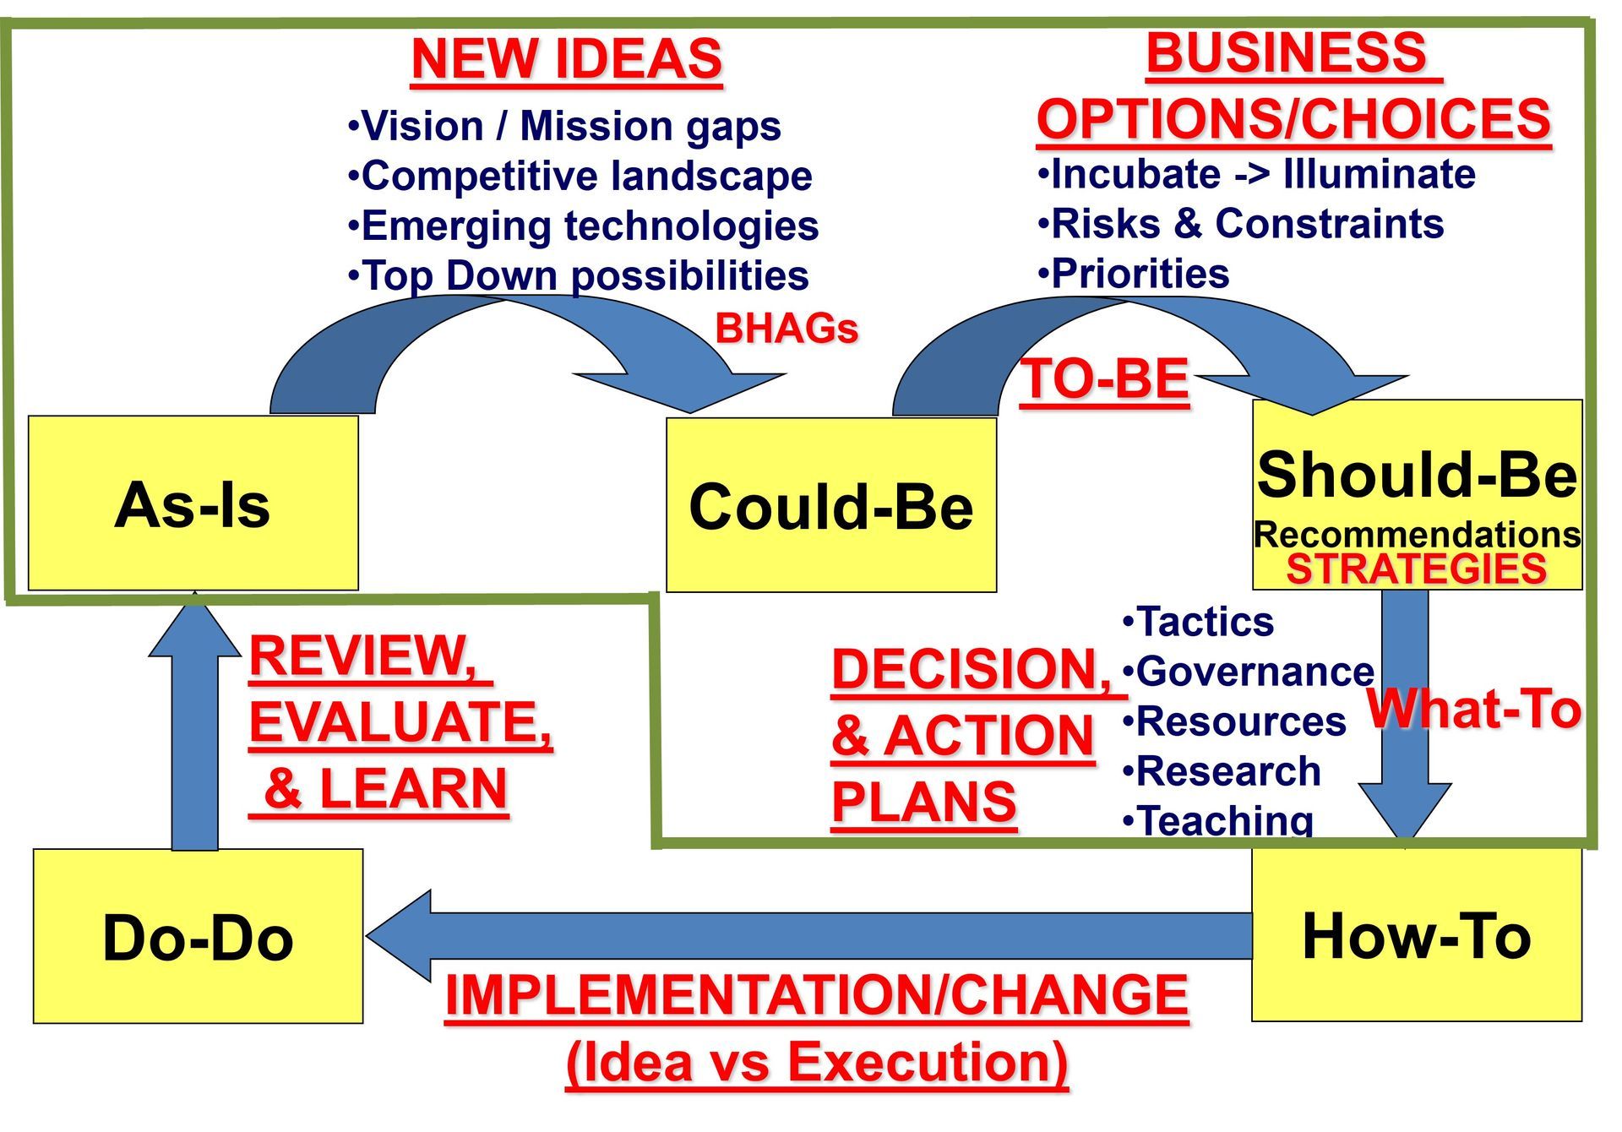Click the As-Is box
click(193, 503)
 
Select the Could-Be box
click(831, 505)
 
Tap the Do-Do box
click(198, 936)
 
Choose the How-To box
click(1417, 934)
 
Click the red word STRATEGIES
click(1417, 569)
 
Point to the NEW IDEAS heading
click(567, 58)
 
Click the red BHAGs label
click(787, 328)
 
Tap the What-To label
click(1474, 708)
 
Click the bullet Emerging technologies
click(583, 226)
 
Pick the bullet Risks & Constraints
click(1240, 223)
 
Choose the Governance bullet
click(1248, 672)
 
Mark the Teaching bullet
click(1217, 819)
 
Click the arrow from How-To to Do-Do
click(809, 936)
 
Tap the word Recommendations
click(1417, 534)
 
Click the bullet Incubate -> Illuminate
click(1256, 173)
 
